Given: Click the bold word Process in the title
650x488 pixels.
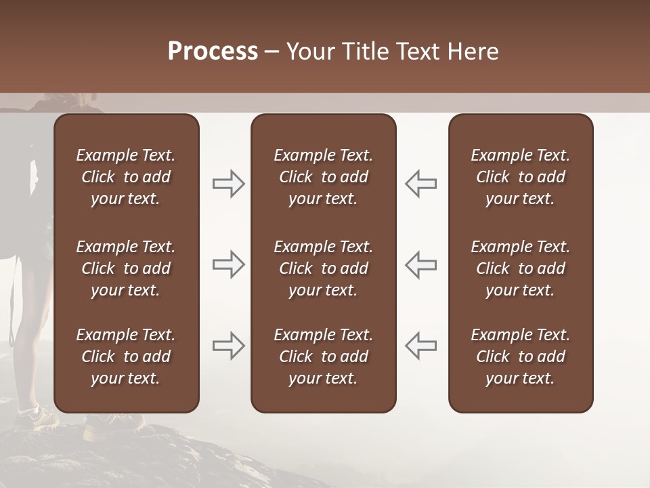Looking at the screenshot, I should (213, 52).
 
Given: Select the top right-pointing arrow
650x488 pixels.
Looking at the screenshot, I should (228, 184).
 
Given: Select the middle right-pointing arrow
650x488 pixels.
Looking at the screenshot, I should (228, 264).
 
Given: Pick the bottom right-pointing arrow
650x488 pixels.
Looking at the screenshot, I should (228, 346).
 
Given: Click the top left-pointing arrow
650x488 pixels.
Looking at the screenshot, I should (420, 184).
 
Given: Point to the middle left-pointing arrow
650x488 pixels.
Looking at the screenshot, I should (420, 264).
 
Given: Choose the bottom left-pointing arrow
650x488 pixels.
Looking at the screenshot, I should (420, 346).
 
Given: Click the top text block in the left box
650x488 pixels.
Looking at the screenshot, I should (126, 177).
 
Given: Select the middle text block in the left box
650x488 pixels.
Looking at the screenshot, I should (126, 268).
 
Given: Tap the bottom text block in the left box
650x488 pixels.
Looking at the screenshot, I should (126, 357).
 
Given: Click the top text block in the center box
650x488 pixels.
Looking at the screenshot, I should (323, 177).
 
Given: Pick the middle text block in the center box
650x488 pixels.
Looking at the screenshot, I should (323, 268).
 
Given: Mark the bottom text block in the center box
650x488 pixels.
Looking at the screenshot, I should (323, 357).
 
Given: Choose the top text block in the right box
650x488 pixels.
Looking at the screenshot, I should (520, 177).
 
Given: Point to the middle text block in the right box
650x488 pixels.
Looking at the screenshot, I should (520, 268).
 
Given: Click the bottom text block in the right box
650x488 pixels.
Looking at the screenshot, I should (520, 357).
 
